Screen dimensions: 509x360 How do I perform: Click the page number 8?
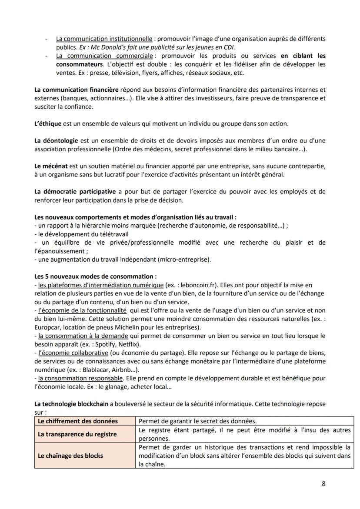click(323, 483)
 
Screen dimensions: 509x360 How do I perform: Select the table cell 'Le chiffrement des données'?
click(78, 421)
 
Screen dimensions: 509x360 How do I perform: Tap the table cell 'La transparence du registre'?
click(78, 434)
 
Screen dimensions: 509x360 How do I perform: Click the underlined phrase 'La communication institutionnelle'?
click(104, 39)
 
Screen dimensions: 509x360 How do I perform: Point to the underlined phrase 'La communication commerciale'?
click(104, 56)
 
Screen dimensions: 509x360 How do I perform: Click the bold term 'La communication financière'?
click(76, 90)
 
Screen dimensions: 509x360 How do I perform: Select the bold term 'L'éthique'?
click(48, 123)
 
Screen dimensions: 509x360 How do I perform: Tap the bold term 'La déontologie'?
click(56, 140)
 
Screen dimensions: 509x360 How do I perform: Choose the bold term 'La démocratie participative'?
click(75, 192)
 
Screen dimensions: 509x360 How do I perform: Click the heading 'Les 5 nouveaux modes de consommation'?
click(95, 276)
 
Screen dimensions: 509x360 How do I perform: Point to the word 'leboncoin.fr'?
click(198, 285)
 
